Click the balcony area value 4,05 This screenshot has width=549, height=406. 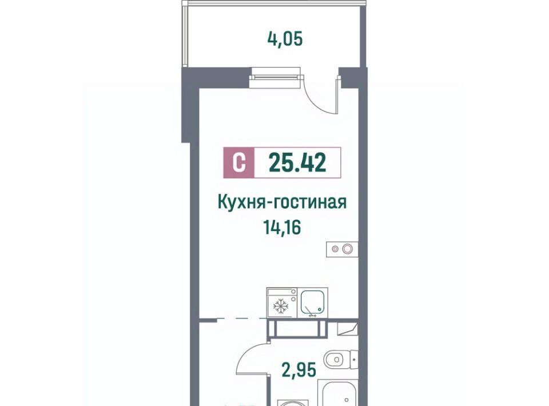coord(285,39)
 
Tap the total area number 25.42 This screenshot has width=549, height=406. coord(297,163)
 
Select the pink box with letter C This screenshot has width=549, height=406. coord(239,163)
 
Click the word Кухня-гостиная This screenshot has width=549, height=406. coord(282,202)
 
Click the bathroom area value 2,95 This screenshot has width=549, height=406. coord(299,370)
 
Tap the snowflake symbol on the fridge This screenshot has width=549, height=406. coord(280,305)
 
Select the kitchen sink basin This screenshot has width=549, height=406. coord(314,303)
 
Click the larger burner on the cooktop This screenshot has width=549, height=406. coord(347,249)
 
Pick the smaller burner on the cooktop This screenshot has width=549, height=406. coord(335,249)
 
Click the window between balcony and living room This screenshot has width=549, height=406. coord(276,78)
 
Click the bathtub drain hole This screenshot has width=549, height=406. coord(347,400)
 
